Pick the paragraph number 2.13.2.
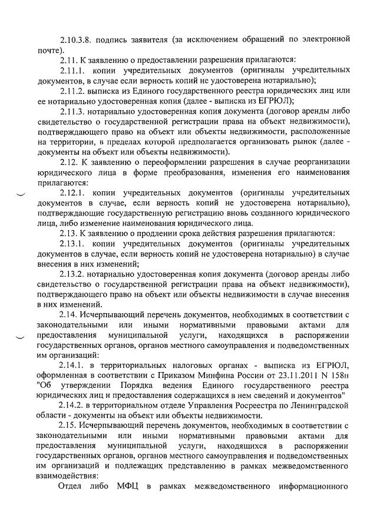(75, 274)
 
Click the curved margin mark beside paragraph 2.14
(21, 336)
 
